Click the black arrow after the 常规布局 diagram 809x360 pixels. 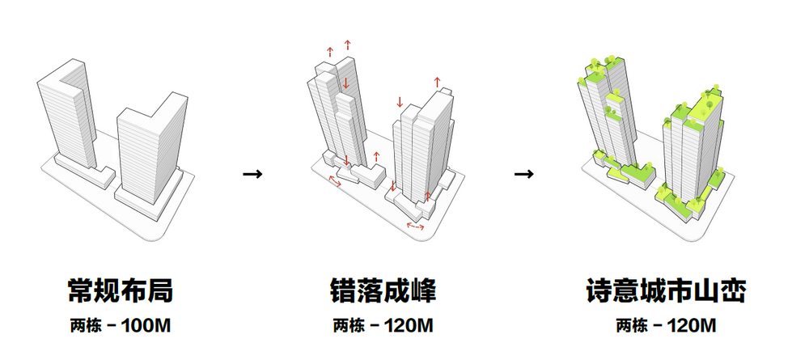(x=253, y=173)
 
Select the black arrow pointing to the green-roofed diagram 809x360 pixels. (x=524, y=173)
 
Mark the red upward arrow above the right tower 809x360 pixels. (x=438, y=82)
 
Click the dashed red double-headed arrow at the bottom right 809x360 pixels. (x=416, y=228)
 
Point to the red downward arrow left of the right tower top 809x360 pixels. (x=399, y=102)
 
